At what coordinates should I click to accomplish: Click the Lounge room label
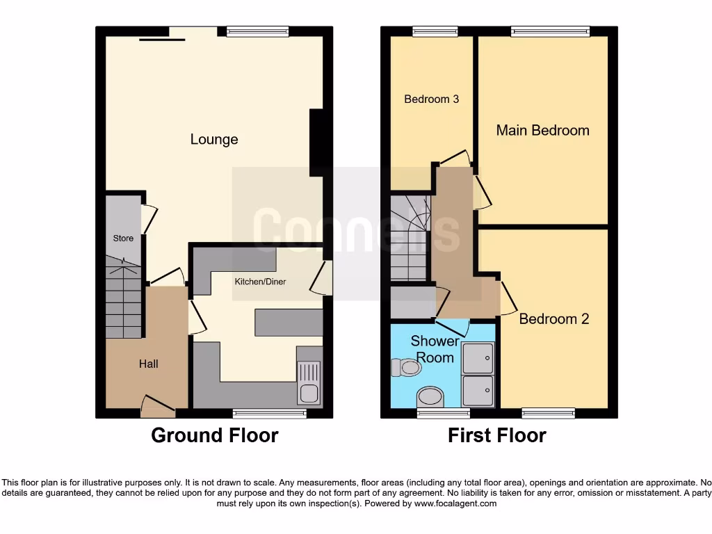coord(214,140)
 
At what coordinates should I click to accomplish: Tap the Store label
coord(123,238)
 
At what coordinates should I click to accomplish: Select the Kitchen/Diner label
coord(260,282)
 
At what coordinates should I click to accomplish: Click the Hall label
coord(148,364)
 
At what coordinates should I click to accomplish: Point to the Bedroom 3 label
coord(431,99)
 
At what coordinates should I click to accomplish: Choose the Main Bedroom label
coord(542,130)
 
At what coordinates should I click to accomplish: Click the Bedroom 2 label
coord(554,319)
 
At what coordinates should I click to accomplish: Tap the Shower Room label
coord(435,349)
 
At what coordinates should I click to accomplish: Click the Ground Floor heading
coord(215,436)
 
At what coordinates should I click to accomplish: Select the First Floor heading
coord(497,436)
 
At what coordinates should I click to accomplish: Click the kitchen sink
coord(309,383)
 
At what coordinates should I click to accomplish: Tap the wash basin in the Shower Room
coord(430,398)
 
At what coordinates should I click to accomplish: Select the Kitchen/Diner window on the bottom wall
coord(269,413)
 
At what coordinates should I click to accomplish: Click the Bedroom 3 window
coord(431,31)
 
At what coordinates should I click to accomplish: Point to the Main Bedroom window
coord(549,31)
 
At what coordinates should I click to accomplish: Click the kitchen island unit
coord(289,323)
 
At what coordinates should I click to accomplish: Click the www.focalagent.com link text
coord(455,503)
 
